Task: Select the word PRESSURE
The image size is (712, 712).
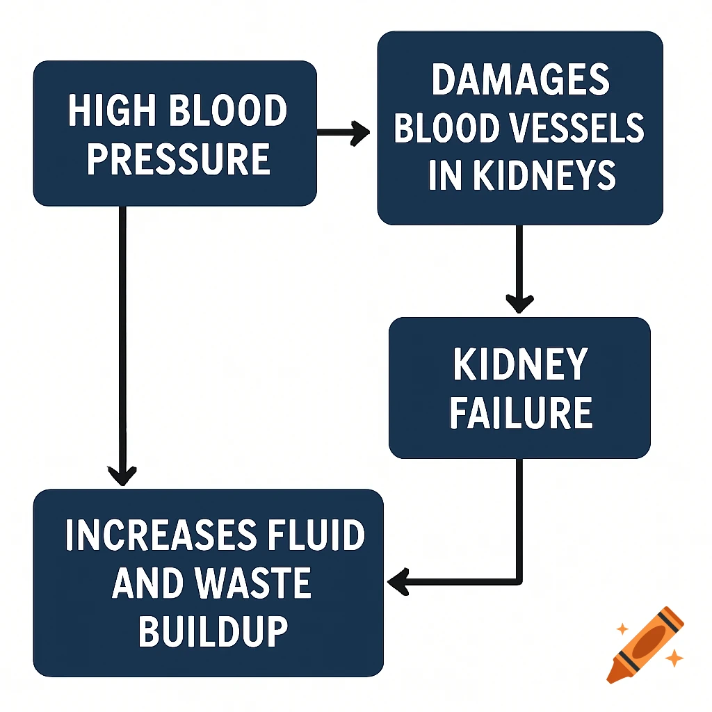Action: click(x=177, y=159)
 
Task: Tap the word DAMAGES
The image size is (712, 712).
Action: click(x=520, y=81)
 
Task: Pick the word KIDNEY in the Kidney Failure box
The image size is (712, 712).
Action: click(x=520, y=364)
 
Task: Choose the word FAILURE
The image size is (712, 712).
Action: click(x=520, y=412)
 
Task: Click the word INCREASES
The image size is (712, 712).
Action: click(x=158, y=536)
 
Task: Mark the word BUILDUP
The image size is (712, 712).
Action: click(x=213, y=631)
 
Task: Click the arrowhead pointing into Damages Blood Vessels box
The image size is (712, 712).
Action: click(x=362, y=131)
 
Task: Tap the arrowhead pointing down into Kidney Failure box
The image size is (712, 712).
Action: click(x=519, y=303)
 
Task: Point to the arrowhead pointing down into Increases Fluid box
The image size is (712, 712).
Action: click(x=122, y=476)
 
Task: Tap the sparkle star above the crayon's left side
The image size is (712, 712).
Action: click(x=622, y=629)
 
